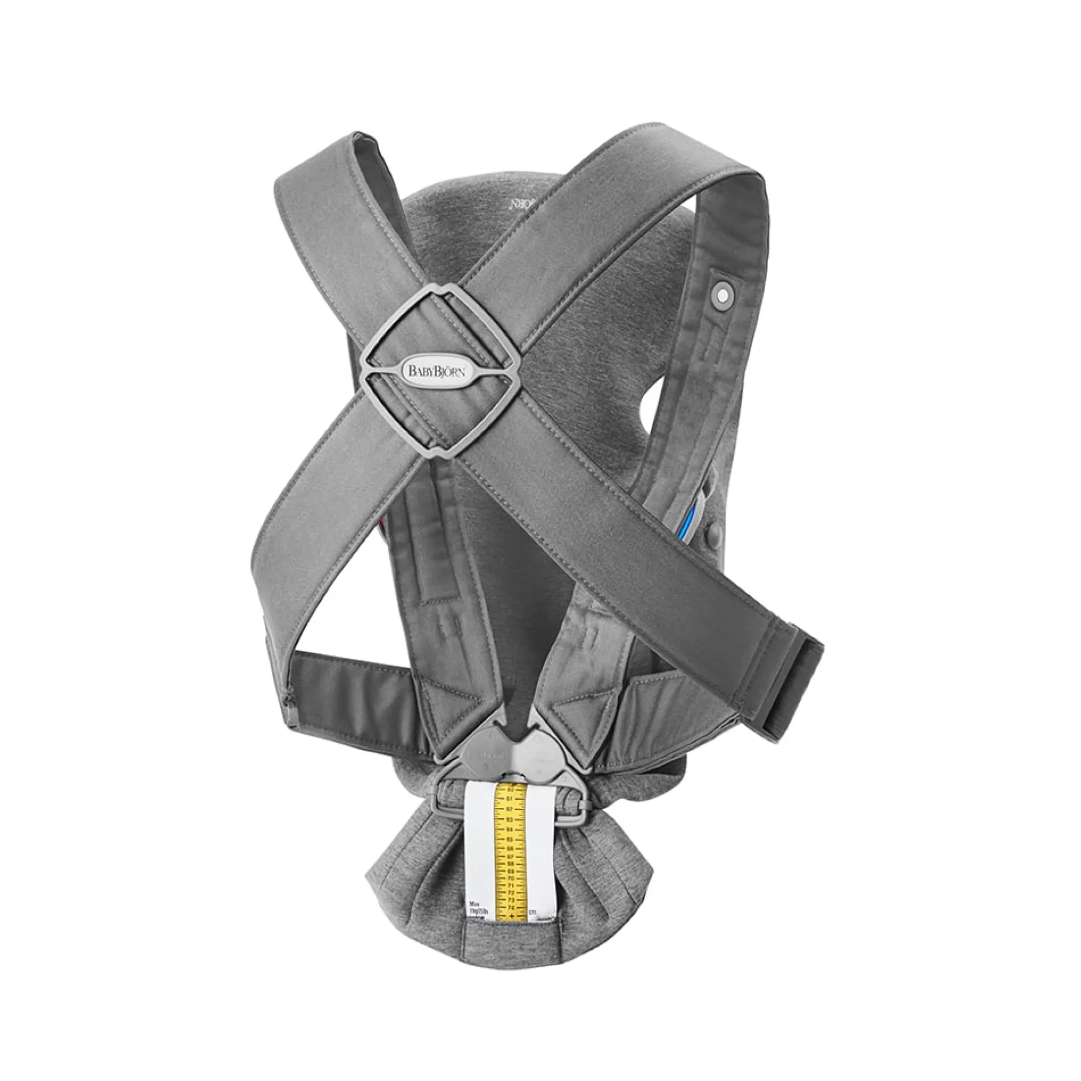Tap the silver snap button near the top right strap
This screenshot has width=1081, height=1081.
720,295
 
